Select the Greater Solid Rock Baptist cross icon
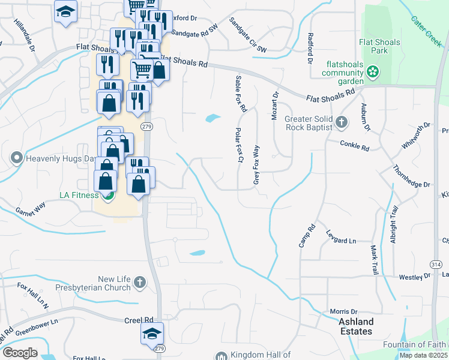coord(342,123)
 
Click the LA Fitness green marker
coord(108,194)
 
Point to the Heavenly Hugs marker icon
coord(16,159)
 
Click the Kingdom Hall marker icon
coord(221,355)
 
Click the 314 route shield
coord(435,264)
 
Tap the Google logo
coord(20,353)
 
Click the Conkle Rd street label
coord(354,144)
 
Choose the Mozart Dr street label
coord(276,106)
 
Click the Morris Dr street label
coord(343,311)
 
